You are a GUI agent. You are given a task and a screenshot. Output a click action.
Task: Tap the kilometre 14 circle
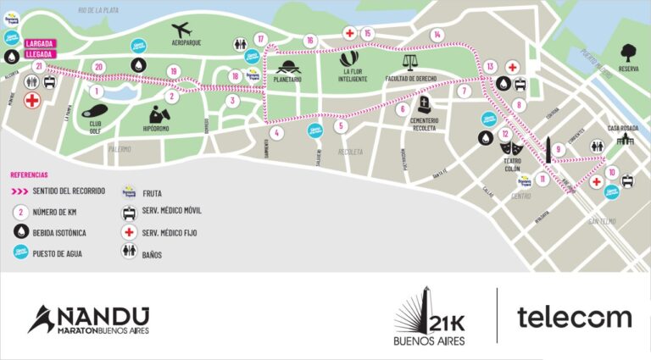pyautogui.click(x=437, y=34)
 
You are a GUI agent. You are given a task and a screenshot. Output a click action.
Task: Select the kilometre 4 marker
pyautogui.click(x=275, y=132)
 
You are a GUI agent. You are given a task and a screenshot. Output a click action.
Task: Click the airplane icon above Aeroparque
pyautogui.click(x=181, y=30)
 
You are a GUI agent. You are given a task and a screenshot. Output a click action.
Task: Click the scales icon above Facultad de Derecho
pyautogui.click(x=410, y=60)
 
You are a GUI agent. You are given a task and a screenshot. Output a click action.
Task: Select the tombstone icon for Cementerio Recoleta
pyautogui.click(x=423, y=105)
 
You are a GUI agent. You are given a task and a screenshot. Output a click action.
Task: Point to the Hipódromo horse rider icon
pyautogui.click(x=158, y=114)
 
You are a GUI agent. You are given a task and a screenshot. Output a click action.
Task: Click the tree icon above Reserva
pyautogui.click(x=628, y=53)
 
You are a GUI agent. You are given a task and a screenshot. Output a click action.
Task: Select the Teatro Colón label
pyautogui.click(x=511, y=163)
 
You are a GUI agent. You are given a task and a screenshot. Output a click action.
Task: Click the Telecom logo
pyautogui.click(x=574, y=318)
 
